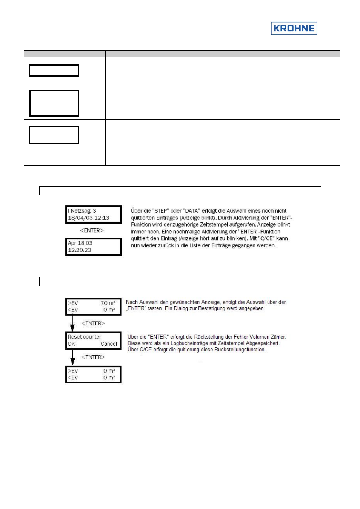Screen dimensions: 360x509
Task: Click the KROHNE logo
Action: (294, 28)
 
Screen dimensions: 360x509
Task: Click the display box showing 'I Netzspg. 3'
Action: (94, 215)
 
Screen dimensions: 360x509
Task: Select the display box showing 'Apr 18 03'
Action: (94, 247)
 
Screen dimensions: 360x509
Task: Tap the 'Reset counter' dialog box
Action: (93, 340)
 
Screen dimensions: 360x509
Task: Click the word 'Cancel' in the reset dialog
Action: (109, 344)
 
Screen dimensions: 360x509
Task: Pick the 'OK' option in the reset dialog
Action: (71, 344)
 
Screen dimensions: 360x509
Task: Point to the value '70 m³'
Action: (108, 303)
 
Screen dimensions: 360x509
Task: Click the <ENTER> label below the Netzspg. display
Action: (92, 230)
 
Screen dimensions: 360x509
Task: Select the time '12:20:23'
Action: (80, 250)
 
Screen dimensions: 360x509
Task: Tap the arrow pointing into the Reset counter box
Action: (72, 323)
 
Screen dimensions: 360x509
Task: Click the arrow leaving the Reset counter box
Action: (72, 357)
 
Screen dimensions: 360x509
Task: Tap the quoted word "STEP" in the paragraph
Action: (160, 211)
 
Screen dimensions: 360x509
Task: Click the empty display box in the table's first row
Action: (54, 71)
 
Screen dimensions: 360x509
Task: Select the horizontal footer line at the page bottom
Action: (180, 480)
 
